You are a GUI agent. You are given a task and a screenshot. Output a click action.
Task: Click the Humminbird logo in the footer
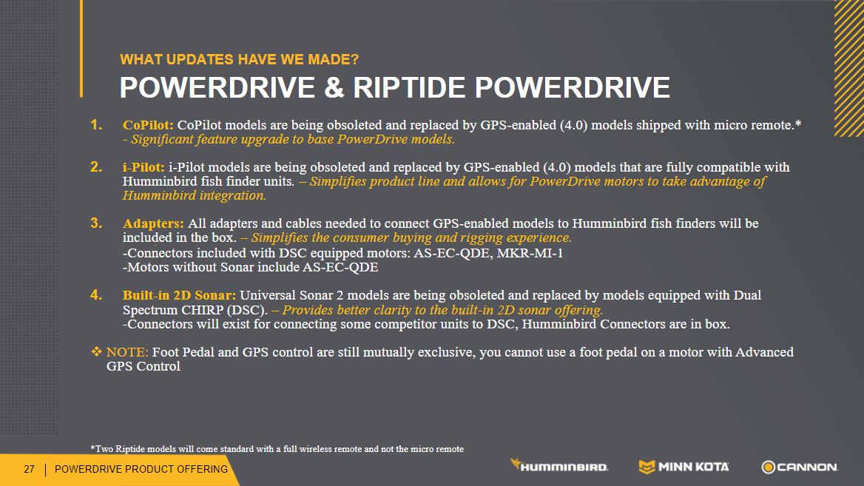[558, 465]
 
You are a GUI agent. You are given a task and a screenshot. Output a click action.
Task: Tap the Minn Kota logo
[684, 467]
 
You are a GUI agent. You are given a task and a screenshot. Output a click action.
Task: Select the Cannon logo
[800, 468]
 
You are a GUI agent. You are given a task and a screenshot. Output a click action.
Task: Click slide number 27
[29, 470]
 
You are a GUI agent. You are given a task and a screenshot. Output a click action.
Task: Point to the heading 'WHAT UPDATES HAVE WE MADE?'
[239, 59]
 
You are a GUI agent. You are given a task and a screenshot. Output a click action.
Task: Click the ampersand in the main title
[334, 87]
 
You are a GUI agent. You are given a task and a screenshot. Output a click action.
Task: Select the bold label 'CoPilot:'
[148, 126]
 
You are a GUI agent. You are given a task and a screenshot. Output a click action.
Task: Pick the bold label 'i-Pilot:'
[144, 167]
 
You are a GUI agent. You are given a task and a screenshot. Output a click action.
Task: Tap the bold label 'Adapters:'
[153, 223]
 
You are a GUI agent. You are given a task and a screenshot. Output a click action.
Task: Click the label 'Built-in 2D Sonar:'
[179, 295]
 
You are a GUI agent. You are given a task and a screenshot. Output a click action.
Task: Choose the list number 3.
[96, 223]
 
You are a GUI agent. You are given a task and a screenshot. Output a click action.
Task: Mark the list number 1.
[96, 125]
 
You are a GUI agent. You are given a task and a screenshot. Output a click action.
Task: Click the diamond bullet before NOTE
[96, 351]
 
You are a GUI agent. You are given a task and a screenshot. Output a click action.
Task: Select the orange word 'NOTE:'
[127, 352]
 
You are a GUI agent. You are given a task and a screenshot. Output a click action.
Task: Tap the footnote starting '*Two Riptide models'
[277, 449]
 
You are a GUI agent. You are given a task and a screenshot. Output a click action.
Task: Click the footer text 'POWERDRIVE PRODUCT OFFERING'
[141, 470]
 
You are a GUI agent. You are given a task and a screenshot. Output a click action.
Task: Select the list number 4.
[96, 295]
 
